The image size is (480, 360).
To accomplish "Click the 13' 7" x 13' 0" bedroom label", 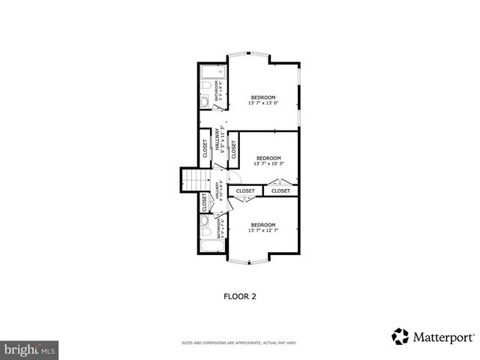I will tap(263, 100).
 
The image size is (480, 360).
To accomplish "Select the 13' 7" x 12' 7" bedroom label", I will tap(263, 227).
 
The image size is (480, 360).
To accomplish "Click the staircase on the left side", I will tap(196, 181).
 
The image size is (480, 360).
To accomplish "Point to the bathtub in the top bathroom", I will tap(208, 74).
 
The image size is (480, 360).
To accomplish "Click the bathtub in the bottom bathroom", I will tap(208, 247).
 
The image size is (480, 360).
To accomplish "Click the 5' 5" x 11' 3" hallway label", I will tap(220, 139).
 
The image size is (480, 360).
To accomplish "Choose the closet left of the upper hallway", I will tap(205, 146).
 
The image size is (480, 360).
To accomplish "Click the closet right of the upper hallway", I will tap(233, 148).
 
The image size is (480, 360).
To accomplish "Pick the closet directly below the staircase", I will tap(204, 202).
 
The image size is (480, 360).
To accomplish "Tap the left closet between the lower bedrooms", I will tap(245, 191).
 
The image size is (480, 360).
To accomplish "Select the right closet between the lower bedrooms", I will tap(280, 191).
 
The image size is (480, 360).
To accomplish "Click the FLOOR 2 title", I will tap(240, 296).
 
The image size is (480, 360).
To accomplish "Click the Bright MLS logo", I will tap(30, 349).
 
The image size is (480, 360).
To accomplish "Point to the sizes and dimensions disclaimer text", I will tap(240, 343).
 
